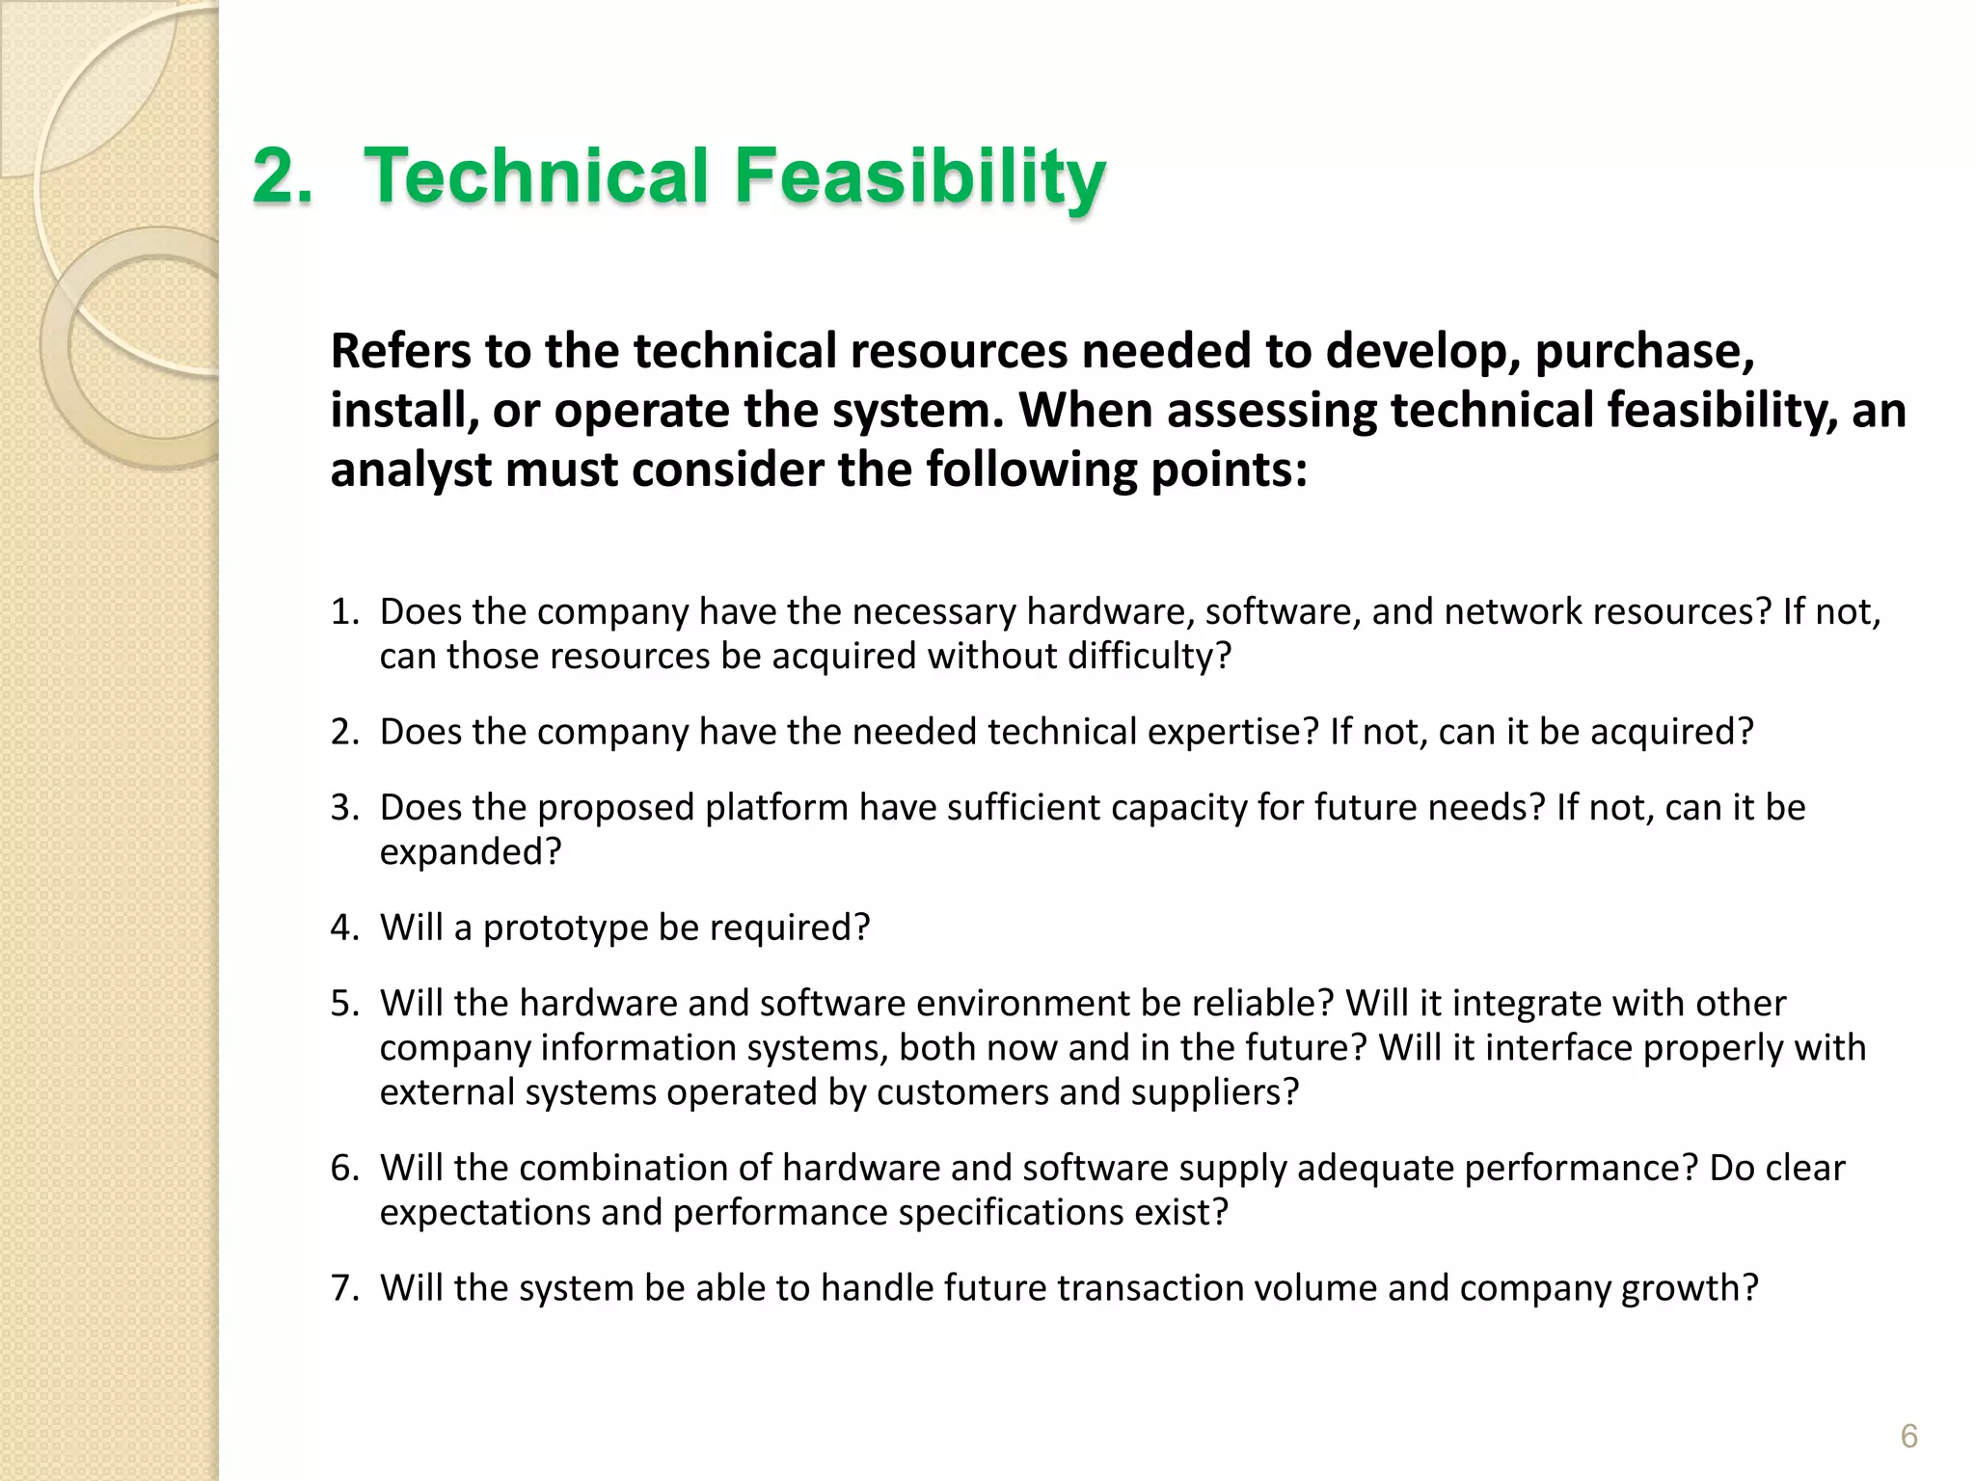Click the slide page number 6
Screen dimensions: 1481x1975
pos(1908,1436)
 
